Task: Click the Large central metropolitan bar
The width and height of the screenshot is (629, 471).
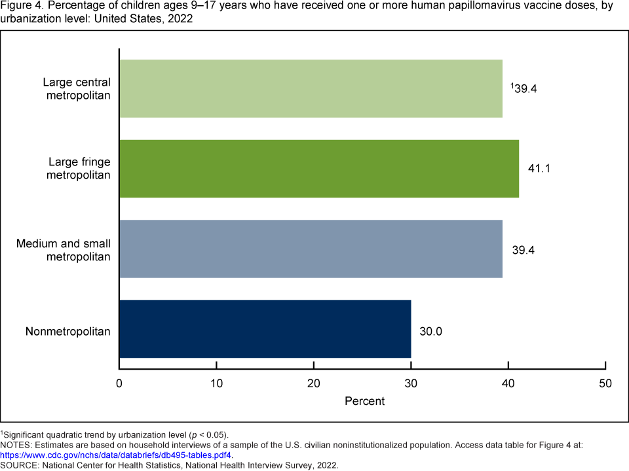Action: [x=311, y=88]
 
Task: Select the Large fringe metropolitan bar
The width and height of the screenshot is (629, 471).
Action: [x=319, y=168]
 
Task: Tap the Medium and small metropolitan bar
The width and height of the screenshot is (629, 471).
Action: [x=311, y=249]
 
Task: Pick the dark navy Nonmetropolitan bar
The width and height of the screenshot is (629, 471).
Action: [x=265, y=329]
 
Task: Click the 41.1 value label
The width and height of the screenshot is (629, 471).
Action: [x=539, y=169]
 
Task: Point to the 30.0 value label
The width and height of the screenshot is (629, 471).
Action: [x=431, y=332]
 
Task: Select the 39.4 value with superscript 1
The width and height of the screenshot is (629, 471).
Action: [x=524, y=89]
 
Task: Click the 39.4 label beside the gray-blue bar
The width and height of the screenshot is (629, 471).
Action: [x=524, y=250]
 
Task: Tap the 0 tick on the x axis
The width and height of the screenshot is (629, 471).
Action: [x=119, y=383]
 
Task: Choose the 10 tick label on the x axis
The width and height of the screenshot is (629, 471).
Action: [x=216, y=383]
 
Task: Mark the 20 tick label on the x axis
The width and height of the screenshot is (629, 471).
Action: [x=314, y=383]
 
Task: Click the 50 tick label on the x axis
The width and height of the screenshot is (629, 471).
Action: [x=605, y=383]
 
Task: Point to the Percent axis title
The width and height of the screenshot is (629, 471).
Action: [x=365, y=401]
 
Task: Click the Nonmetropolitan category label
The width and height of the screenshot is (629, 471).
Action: [x=67, y=331]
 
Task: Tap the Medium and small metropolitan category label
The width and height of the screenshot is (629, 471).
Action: [x=64, y=249]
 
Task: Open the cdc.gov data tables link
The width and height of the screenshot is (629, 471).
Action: [x=117, y=455]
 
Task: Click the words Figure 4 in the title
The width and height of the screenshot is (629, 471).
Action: [x=18, y=7]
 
